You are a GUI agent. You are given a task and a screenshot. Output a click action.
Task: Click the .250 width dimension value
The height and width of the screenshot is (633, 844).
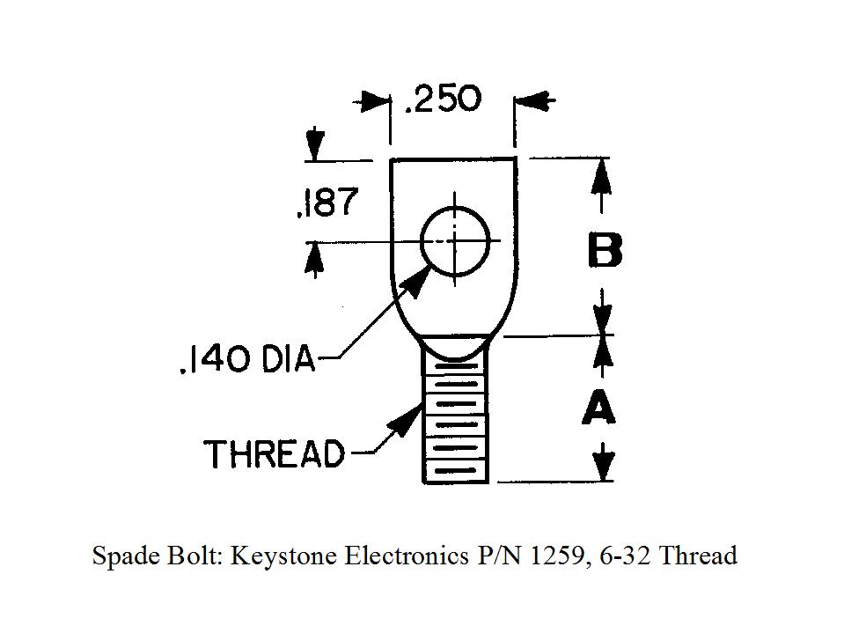pyautogui.click(x=442, y=99)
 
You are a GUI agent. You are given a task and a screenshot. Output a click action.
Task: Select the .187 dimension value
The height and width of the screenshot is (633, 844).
pyautogui.click(x=327, y=203)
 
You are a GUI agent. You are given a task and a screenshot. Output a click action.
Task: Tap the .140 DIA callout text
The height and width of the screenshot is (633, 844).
pyautogui.click(x=246, y=360)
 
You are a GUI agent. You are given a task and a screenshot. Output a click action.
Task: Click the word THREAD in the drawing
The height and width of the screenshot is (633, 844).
pyautogui.click(x=274, y=454)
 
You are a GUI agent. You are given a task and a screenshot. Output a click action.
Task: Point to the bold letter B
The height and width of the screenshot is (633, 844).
pyautogui.click(x=605, y=250)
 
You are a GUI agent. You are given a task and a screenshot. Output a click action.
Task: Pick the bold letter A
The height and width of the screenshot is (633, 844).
pyautogui.click(x=599, y=408)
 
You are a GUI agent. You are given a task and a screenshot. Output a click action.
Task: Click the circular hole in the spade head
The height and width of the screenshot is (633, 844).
pyautogui.click(x=454, y=240)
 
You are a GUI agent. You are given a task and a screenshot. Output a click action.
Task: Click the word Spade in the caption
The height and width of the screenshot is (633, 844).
pyautogui.click(x=121, y=556)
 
